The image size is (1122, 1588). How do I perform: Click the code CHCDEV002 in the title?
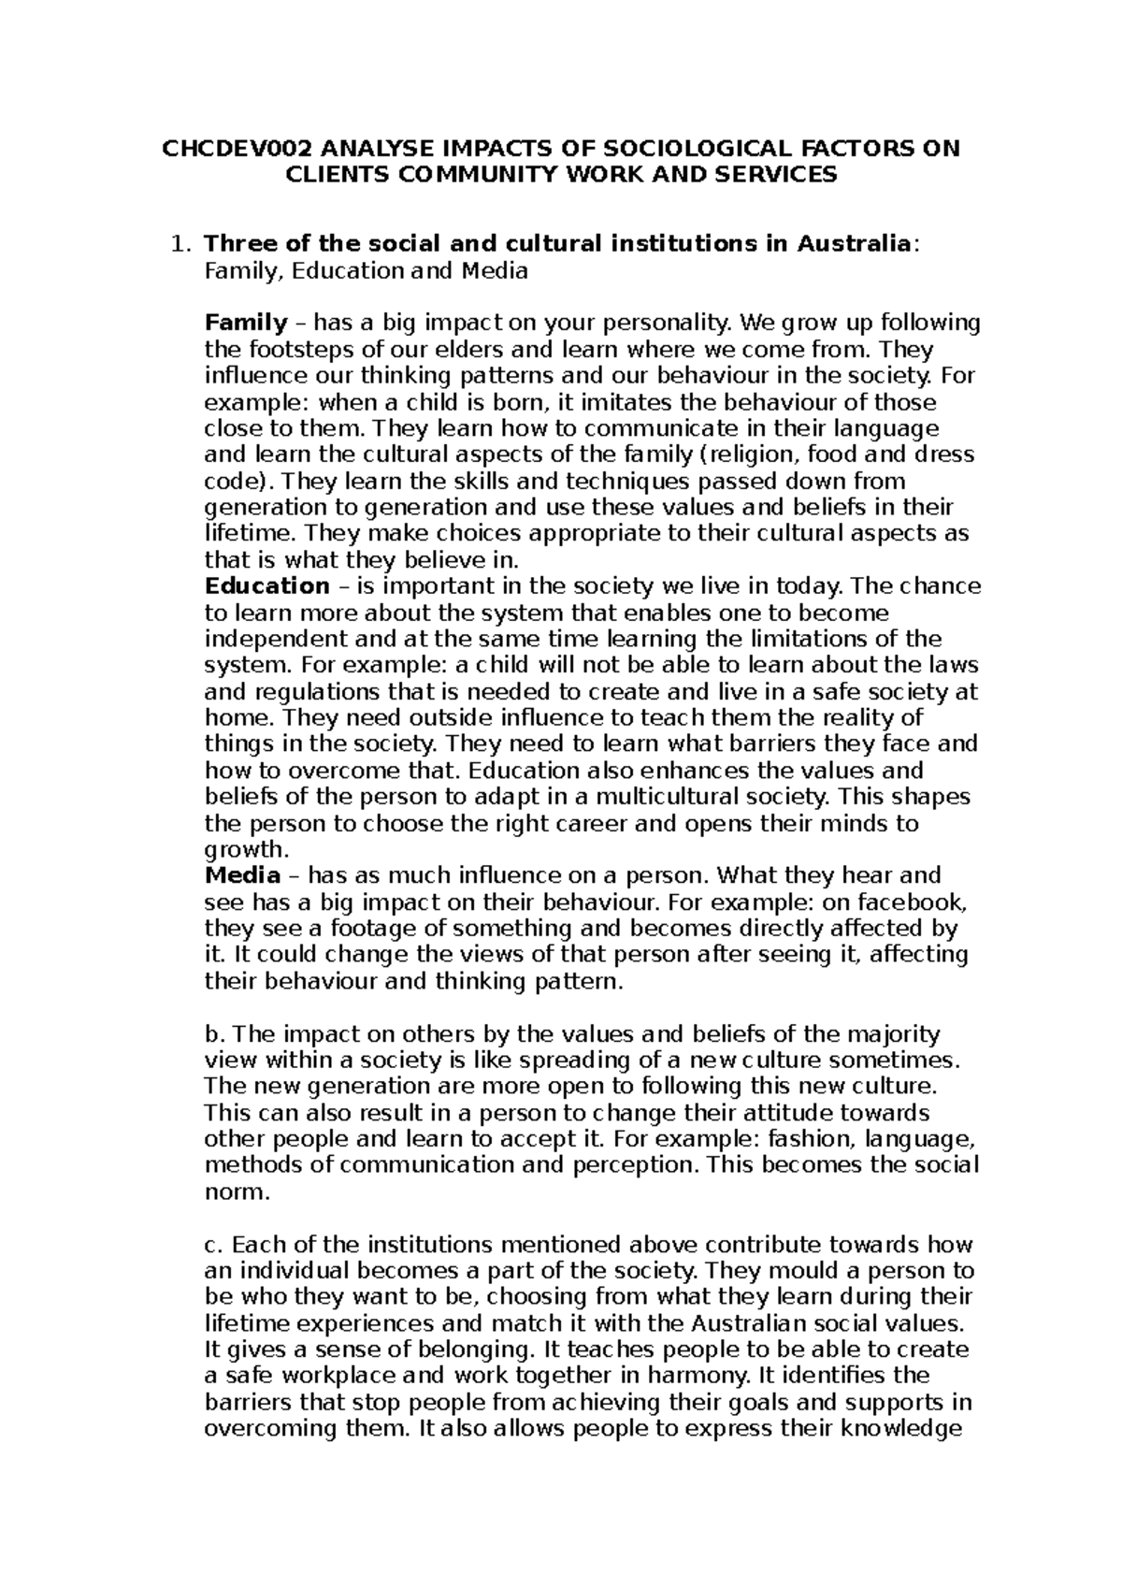(237, 149)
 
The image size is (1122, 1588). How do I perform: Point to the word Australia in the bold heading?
(853, 244)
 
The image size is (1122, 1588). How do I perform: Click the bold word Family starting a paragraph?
(246, 324)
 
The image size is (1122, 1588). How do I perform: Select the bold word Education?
(266, 587)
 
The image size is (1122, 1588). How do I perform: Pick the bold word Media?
(242, 876)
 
